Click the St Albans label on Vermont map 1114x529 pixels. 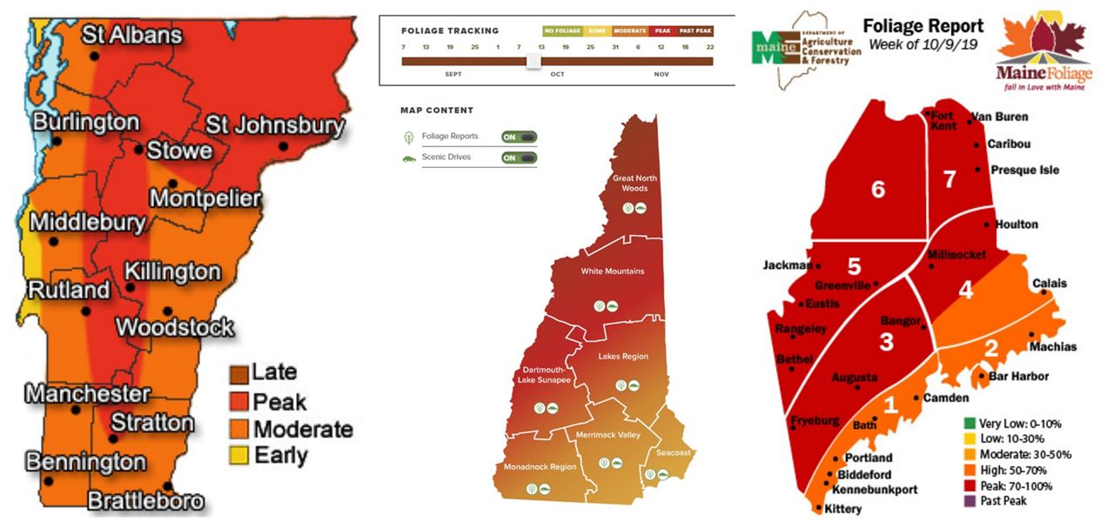pos(132,36)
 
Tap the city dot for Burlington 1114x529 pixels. pos(57,140)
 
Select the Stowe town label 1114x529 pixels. pos(179,150)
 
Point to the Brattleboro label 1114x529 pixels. pos(145,500)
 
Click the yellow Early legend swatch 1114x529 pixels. pos(238,454)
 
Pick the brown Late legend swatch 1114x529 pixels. pos(238,374)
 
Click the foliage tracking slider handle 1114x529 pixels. pos(534,61)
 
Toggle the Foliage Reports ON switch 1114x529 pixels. pos(519,137)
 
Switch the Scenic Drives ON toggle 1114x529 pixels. pos(519,158)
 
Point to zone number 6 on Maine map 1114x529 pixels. pos(878,188)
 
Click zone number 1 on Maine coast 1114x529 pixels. pos(889,405)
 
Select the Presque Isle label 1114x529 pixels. pos(1024,170)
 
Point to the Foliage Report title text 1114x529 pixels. pos(923,26)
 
